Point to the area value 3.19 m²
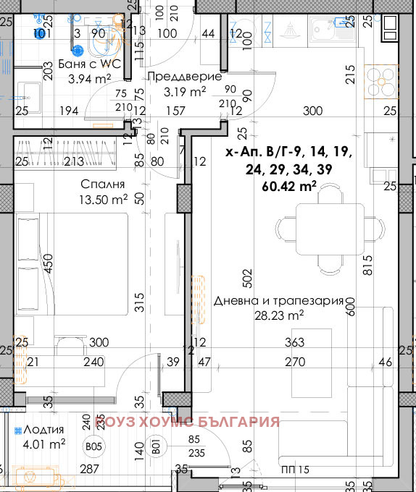tap(186, 91)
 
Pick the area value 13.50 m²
tap(104, 198)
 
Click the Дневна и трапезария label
tap(278, 302)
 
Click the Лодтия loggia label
tap(42, 429)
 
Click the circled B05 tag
tap(93, 446)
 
